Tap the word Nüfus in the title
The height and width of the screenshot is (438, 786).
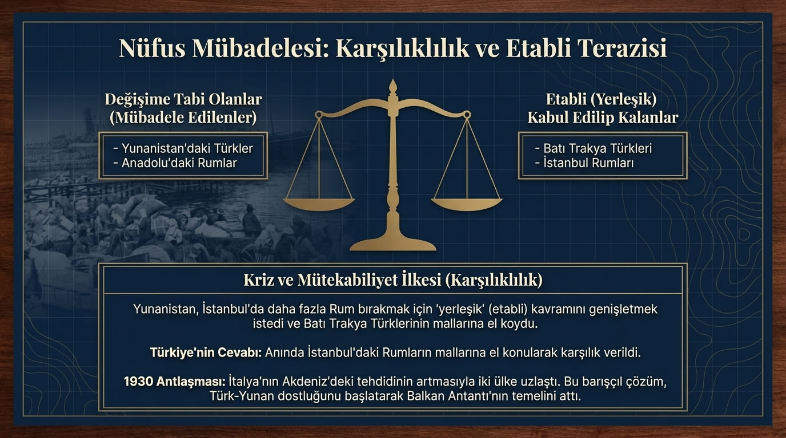tap(151, 48)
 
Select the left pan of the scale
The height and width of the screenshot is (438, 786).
tap(319, 203)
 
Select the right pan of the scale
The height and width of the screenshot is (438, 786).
tap(467, 203)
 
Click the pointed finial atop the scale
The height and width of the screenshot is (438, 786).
tap(392, 87)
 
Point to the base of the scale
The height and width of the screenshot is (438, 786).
tap(392, 244)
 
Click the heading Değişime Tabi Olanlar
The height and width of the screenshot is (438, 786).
tap(183, 99)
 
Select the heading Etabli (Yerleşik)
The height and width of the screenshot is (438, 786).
tap(601, 99)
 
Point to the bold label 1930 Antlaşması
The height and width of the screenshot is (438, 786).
tap(174, 382)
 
